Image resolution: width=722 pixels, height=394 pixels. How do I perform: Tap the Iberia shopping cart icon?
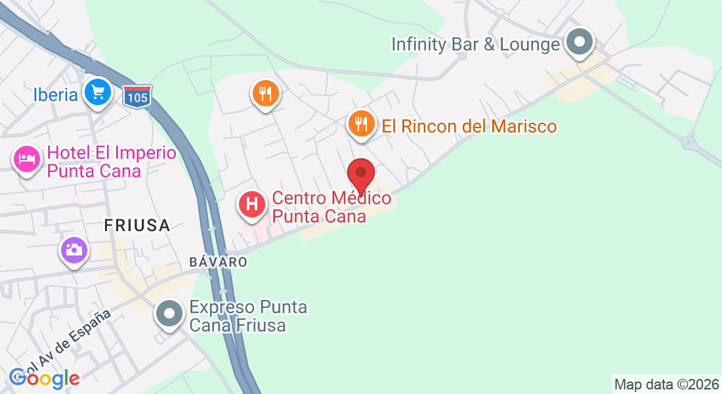(x=98, y=92)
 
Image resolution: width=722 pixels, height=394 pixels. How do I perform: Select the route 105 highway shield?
(x=137, y=96)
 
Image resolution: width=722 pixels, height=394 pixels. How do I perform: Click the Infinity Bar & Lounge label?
(x=475, y=45)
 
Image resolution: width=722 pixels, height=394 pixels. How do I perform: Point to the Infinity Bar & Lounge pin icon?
(x=579, y=43)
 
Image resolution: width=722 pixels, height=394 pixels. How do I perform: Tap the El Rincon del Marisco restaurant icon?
(x=360, y=123)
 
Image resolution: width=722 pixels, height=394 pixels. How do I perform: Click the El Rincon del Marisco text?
(x=469, y=126)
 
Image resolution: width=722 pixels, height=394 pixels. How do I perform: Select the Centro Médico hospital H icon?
(x=251, y=204)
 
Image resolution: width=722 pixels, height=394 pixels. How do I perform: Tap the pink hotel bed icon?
(x=27, y=159)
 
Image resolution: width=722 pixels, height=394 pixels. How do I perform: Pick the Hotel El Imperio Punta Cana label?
(x=112, y=162)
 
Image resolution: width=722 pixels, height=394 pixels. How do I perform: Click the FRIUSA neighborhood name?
(x=137, y=225)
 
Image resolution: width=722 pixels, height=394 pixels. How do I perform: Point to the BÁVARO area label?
(x=218, y=261)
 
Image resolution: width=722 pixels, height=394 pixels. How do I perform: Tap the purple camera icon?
(x=74, y=250)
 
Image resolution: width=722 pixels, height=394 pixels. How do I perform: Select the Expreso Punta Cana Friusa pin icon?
(x=169, y=314)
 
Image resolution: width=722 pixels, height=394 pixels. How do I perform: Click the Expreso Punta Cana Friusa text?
(x=248, y=316)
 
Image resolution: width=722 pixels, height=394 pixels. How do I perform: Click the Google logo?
(x=44, y=378)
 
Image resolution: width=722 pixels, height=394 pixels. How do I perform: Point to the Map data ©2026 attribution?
(x=666, y=384)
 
